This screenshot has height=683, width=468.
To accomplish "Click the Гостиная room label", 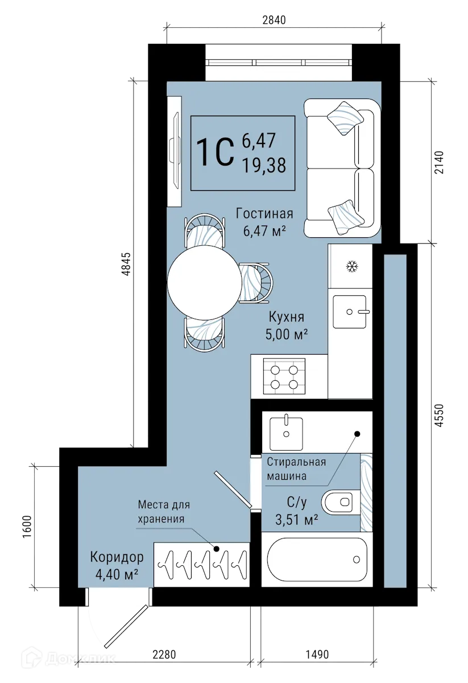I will click(264, 214).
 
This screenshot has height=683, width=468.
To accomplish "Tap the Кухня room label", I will click(287, 318).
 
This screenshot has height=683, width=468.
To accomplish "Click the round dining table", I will click(204, 281).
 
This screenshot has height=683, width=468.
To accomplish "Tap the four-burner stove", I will click(284, 377).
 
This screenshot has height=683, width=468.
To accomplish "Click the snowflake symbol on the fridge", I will click(351, 266).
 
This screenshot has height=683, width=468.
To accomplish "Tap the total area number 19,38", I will click(263, 165).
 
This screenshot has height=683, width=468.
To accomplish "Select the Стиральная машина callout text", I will click(296, 468).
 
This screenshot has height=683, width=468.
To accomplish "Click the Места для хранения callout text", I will click(163, 512).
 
